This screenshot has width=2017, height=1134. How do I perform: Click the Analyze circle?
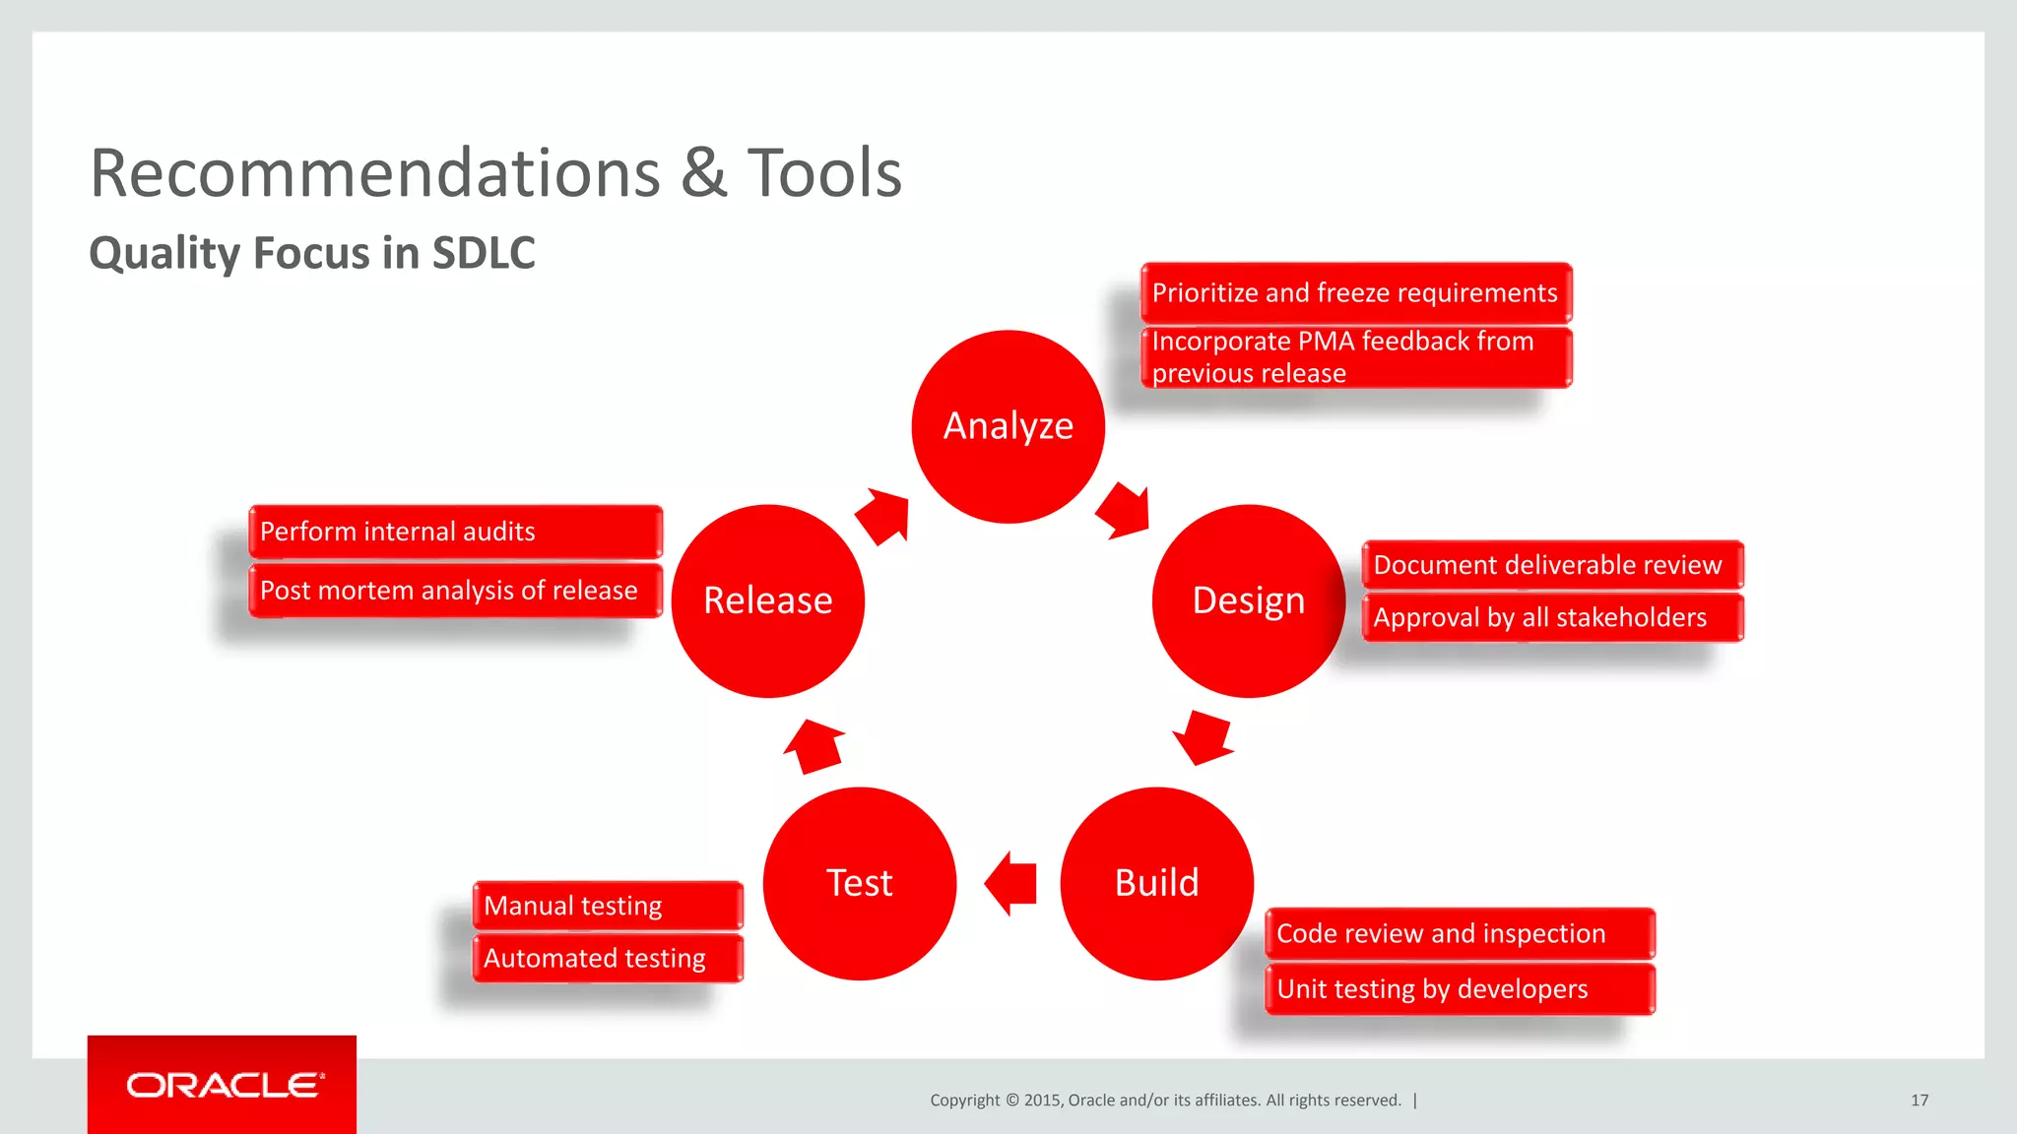pos(1008,426)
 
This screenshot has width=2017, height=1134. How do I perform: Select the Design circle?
pos(1248,600)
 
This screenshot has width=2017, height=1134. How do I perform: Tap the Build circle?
pos(1156,883)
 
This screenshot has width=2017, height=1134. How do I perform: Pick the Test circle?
pos(859,883)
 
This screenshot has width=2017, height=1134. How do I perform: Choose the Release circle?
pos(767,600)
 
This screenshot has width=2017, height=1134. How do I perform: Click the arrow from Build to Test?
pos(1011,883)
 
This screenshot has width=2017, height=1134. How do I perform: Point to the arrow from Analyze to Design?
pos(1124,510)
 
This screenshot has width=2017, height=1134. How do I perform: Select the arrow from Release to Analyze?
pos(882,515)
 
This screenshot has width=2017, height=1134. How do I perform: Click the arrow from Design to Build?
pos(1204,736)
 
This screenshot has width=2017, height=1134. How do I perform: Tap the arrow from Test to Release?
pos(814,745)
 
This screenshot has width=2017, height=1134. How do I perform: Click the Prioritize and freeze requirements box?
pos(1355,292)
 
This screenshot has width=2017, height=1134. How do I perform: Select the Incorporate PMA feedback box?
pos(1355,357)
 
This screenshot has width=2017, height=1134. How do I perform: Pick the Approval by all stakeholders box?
pos(1551,617)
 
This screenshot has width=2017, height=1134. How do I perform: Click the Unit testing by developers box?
pos(1459,988)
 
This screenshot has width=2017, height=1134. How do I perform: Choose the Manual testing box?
pos(607,906)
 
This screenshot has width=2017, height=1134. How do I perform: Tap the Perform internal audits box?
pos(455,532)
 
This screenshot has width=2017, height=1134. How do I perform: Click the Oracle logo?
pos(223,1085)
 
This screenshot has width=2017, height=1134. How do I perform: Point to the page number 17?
pos(1919,1100)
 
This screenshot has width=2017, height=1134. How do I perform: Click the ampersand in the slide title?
pos(703,174)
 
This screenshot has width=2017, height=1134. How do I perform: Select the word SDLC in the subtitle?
pos(484,253)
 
